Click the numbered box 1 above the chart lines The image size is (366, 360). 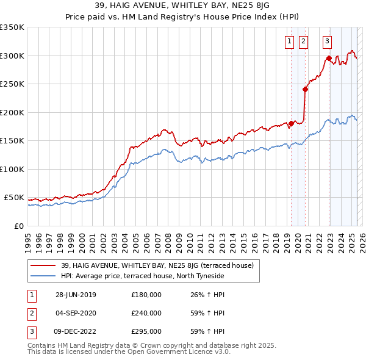[x=289, y=41]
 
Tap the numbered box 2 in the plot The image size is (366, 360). [x=304, y=41]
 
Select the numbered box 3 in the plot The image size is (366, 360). [x=328, y=41]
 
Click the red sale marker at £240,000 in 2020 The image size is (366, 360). [x=305, y=89]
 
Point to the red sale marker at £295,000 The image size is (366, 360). [x=329, y=59]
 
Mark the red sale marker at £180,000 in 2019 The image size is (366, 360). [x=292, y=123]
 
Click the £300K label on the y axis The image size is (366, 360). [x=12, y=56]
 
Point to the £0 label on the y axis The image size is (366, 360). [x=18, y=226]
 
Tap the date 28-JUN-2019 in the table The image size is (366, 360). [x=76, y=295]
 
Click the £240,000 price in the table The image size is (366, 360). [x=146, y=313]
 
